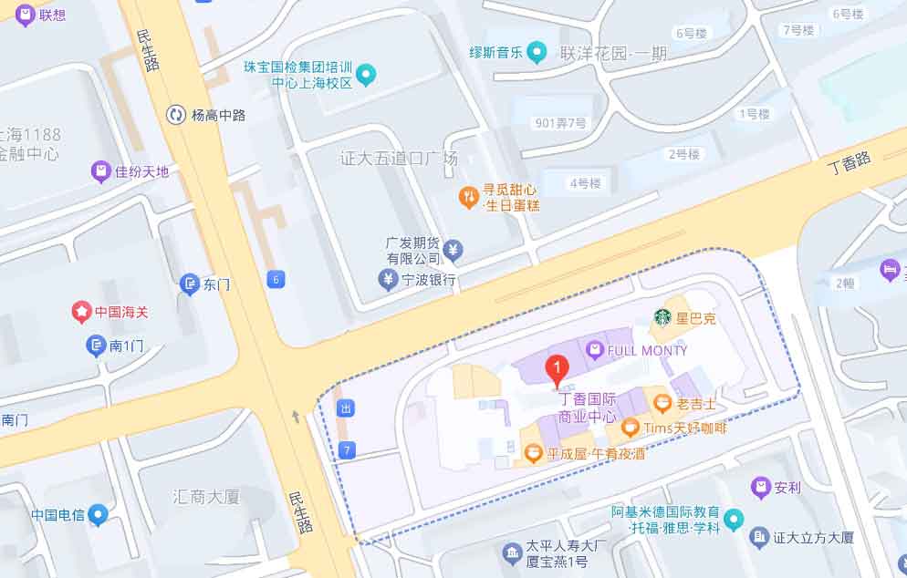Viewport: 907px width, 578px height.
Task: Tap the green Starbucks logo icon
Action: click(x=663, y=318)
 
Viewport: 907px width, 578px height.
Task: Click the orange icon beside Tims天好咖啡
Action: click(x=630, y=427)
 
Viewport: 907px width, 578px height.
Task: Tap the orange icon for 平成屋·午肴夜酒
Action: click(x=534, y=452)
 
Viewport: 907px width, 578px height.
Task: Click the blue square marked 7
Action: click(x=345, y=449)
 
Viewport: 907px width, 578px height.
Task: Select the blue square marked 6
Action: click(x=276, y=279)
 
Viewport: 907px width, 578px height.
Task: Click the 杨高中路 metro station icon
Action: click(x=175, y=115)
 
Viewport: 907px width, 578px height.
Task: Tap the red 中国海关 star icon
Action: click(x=82, y=312)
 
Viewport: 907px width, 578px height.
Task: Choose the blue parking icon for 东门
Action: click(x=190, y=284)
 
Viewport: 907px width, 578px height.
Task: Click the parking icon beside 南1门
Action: click(x=96, y=346)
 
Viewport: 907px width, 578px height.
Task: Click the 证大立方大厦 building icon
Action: click(x=758, y=538)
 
